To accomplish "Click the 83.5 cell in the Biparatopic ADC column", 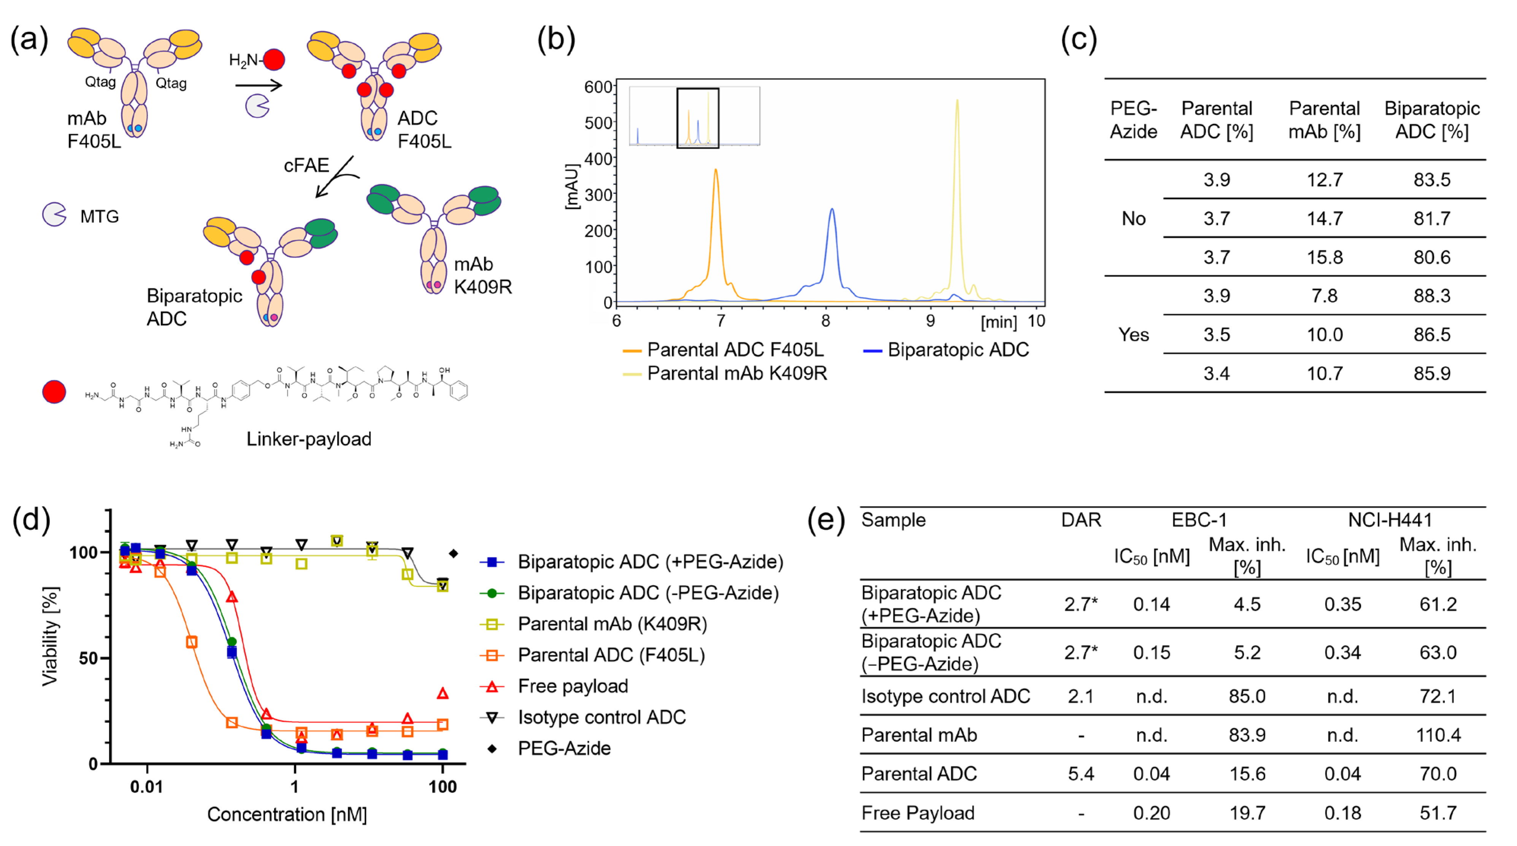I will (x=1431, y=179).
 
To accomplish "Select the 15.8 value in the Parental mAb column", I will (x=1325, y=257).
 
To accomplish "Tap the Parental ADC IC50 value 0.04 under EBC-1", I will (x=1151, y=773).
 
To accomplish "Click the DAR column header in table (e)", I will (x=1081, y=520).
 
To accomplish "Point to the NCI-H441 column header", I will (x=1389, y=520).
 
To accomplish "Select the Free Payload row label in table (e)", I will (x=917, y=813).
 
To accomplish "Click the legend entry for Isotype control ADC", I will (x=601, y=717).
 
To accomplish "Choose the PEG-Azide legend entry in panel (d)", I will (x=563, y=748).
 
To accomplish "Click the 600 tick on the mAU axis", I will (x=598, y=87).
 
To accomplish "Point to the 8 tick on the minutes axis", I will (x=826, y=321).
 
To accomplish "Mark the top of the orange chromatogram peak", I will (x=716, y=170).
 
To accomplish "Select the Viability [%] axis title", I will (x=50, y=636).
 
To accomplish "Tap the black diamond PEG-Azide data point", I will (x=453, y=553).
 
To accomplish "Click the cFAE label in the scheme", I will (x=306, y=165).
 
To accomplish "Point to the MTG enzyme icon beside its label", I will (x=54, y=215).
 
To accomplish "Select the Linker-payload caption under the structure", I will (x=309, y=439).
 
